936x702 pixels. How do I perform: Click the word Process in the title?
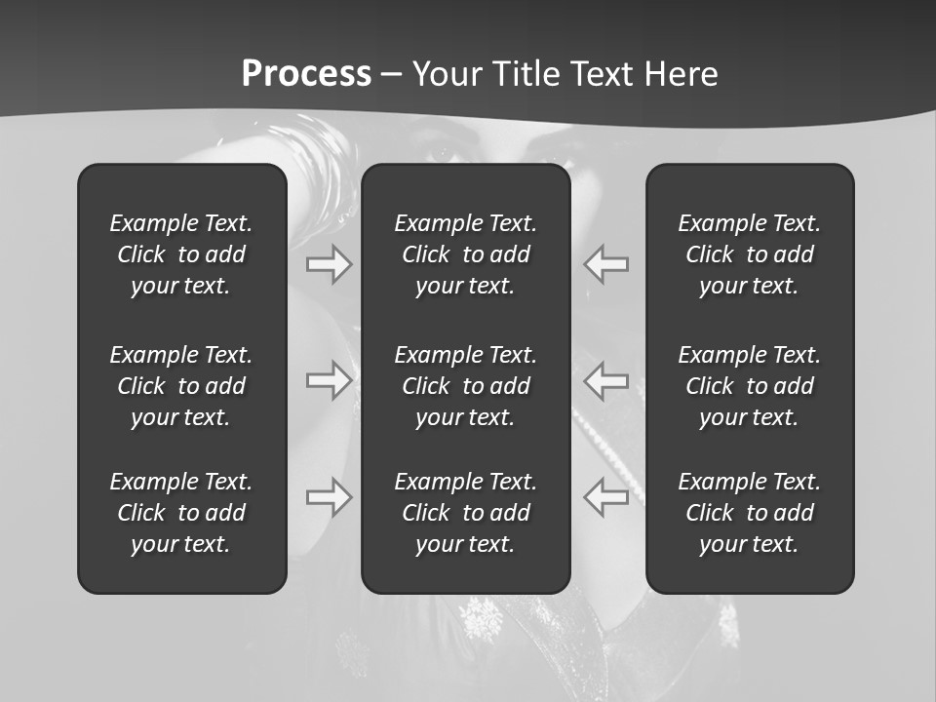click(306, 74)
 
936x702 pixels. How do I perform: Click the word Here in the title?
click(680, 74)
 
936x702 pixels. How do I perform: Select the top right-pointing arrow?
click(330, 263)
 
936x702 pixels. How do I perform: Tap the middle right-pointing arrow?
click(330, 379)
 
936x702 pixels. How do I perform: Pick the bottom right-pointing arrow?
click(330, 497)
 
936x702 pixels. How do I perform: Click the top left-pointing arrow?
click(605, 263)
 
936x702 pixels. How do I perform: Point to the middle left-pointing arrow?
click(605, 379)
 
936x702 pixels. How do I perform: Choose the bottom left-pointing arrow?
click(605, 497)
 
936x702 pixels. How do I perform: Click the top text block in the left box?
click(181, 254)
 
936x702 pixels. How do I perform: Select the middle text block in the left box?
click(181, 386)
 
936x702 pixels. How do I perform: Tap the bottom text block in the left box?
click(181, 513)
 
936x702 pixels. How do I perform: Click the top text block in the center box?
click(465, 254)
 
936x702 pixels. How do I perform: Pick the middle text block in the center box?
click(465, 386)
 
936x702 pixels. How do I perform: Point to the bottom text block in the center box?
click(465, 513)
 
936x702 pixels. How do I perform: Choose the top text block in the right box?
click(750, 254)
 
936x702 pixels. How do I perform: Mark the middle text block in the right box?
click(750, 386)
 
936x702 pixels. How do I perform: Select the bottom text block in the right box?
click(750, 513)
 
